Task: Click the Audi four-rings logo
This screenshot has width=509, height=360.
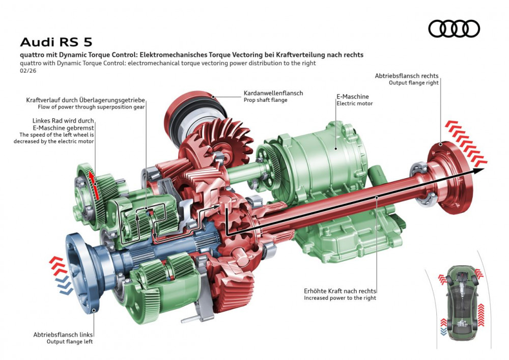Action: pos(454,29)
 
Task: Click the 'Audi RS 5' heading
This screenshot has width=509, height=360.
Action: pos(56,42)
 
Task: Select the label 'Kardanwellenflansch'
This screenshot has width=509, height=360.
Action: pos(273,93)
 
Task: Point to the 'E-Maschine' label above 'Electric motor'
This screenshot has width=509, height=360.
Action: pos(352,96)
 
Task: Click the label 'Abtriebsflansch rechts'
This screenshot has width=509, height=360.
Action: pos(406,76)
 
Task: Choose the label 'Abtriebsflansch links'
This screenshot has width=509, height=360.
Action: pos(63,335)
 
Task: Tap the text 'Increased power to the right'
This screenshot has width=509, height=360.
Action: pos(340,298)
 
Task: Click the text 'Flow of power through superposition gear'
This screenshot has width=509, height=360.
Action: pos(91,107)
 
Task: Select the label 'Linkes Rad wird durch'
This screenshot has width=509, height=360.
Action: pos(63,120)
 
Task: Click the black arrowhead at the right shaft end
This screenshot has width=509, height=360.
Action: pos(479,171)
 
